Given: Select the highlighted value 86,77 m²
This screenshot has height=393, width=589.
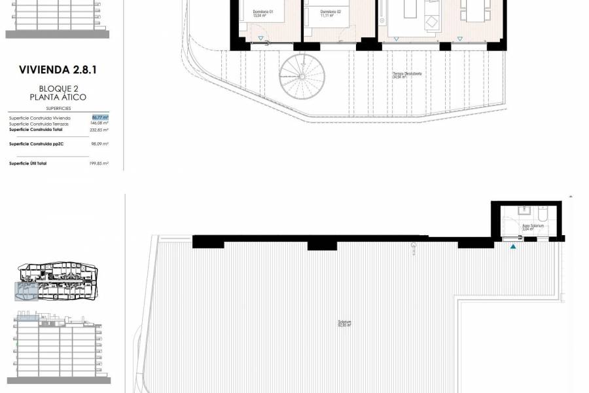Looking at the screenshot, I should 100,117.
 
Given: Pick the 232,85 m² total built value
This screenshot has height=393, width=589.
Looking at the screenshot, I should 99,130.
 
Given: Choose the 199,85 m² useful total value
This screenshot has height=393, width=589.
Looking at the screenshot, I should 99,163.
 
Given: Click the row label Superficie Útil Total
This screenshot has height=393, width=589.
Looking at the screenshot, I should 27,163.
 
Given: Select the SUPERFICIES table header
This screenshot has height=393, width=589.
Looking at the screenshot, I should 58,108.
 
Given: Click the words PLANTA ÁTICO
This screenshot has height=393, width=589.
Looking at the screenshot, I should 58,97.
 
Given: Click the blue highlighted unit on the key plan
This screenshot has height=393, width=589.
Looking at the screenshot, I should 26,288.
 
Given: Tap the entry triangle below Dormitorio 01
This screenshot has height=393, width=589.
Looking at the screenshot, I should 260,38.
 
